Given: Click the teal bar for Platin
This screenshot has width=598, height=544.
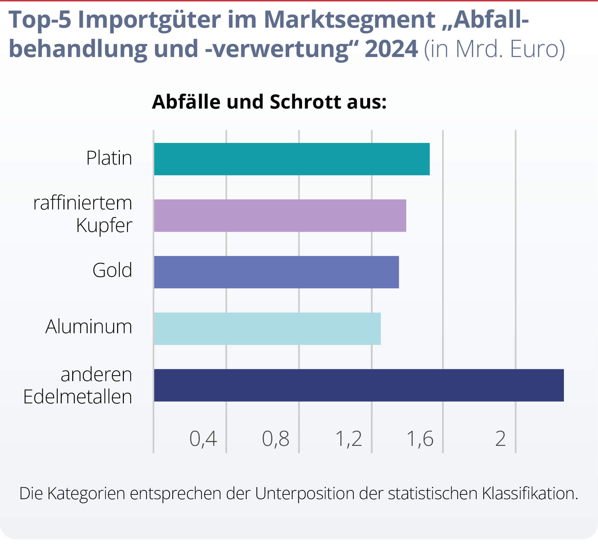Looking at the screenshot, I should [292, 159].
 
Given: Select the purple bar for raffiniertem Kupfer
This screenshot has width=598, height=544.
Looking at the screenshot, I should [280, 216].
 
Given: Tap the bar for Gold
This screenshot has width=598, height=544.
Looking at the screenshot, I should [276, 272].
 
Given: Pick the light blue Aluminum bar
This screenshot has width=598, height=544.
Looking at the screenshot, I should [267, 329].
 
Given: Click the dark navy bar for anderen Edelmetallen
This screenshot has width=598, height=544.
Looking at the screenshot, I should [358, 385].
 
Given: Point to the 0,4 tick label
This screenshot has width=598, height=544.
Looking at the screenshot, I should [203, 439].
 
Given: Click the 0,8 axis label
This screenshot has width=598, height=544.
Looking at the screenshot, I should [275, 439].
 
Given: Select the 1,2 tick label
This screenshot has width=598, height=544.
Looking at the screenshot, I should [348, 439].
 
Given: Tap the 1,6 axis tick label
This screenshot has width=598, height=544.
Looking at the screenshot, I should [420, 439].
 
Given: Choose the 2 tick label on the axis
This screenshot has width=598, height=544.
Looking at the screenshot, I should [500, 439].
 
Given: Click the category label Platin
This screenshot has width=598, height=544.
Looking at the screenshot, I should [109, 158].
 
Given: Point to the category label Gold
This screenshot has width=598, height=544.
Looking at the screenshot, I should [112, 270].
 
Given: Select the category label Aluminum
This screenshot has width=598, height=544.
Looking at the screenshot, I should [88, 327].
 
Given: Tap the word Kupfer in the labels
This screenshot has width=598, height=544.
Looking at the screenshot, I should [104, 226].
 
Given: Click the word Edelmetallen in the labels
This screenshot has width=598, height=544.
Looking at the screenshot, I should [77, 397].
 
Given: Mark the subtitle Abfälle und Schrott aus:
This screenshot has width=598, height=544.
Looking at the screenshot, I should [269, 102].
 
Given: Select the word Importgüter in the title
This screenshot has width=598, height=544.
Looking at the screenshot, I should [149, 20].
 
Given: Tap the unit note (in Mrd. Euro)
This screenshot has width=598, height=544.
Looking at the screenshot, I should [494, 49].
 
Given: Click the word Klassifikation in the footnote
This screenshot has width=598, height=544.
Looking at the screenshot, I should [529, 493].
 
